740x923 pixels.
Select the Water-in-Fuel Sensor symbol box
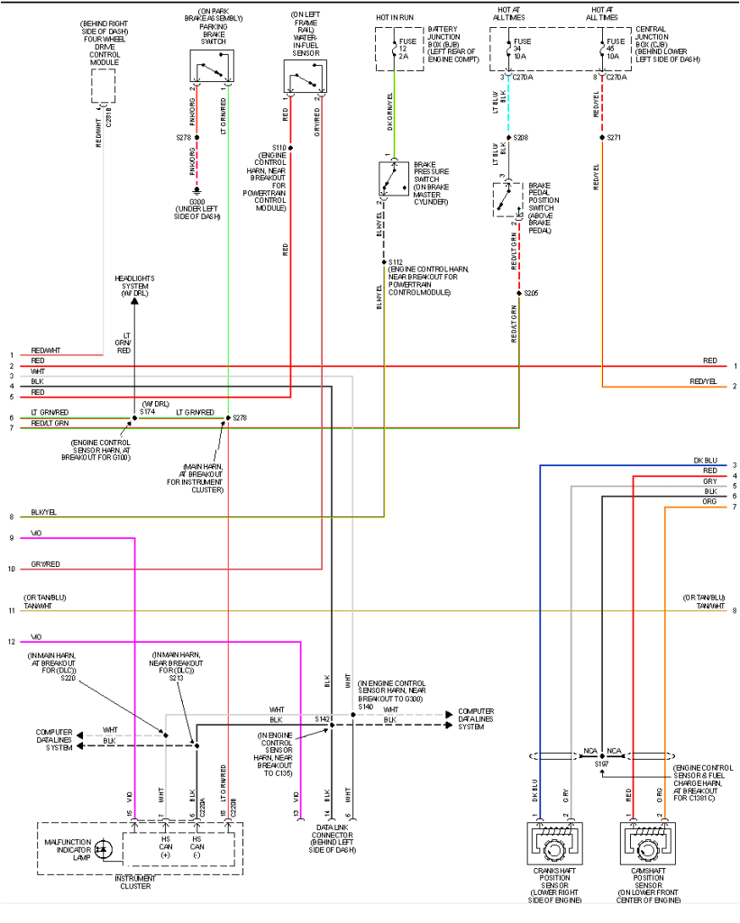pyautogui.click(x=305, y=76)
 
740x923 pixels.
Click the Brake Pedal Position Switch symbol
pyautogui.click(x=508, y=199)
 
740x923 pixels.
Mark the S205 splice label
pyautogui.click(x=531, y=293)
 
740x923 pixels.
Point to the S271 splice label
pyautogui.click(x=614, y=138)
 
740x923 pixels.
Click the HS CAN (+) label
pyautogui.click(x=166, y=847)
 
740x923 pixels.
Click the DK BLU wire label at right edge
pyautogui.click(x=705, y=461)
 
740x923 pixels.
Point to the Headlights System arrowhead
pyautogui.click(x=134, y=302)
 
